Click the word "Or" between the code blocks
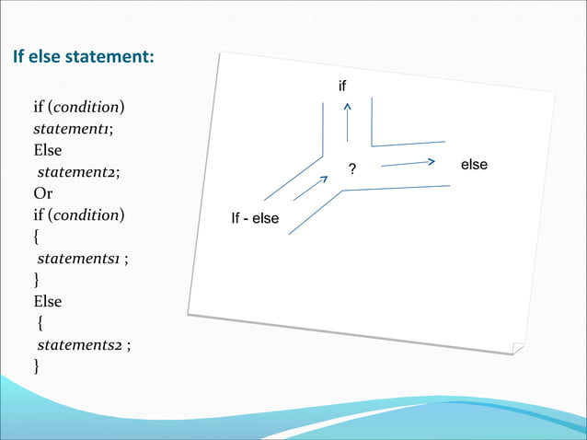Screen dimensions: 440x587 click(x=42, y=194)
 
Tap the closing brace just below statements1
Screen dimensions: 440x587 click(x=37, y=280)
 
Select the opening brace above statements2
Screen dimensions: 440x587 click(x=40, y=323)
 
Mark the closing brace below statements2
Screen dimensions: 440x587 click(x=37, y=366)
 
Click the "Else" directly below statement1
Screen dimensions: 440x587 click(x=47, y=150)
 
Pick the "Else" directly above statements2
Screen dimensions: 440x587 click(x=47, y=301)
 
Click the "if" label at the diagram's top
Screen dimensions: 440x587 click(x=343, y=87)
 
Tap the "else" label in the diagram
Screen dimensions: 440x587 click(x=474, y=165)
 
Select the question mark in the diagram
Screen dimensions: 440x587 click(x=351, y=170)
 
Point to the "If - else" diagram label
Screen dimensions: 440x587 click(x=255, y=219)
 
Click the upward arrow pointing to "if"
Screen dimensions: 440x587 click(x=347, y=122)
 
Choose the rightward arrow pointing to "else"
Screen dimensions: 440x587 click(x=409, y=163)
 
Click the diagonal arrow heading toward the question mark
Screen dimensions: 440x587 click(x=311, y=188)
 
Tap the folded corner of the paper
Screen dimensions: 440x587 click(x=518, y=348)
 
